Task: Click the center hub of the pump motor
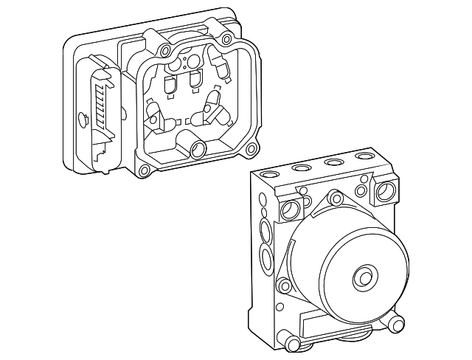point(363,277)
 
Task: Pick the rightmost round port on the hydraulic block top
point(364,157)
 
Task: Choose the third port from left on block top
point(334,163)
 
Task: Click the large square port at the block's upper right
point(385,193)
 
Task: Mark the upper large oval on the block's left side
point(265,231)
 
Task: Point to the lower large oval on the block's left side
point(265,259)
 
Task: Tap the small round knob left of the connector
point(81,117)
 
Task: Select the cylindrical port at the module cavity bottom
point(197,150)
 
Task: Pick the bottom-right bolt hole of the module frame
point(250,150)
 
